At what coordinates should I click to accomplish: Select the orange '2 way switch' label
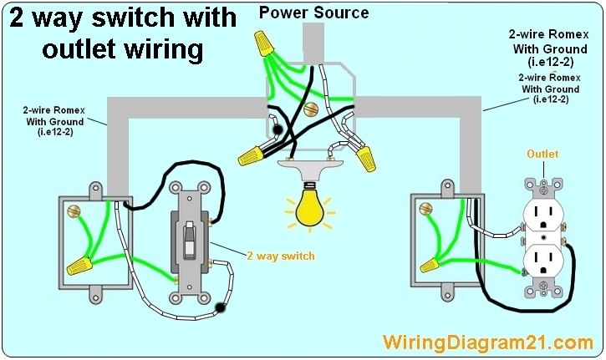click(280, 256)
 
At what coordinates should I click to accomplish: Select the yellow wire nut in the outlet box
click(431, 265)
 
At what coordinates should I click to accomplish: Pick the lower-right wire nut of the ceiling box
click(364, 156)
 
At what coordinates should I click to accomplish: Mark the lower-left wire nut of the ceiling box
click(250, 153)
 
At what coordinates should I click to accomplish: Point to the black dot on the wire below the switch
click(222, 308)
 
